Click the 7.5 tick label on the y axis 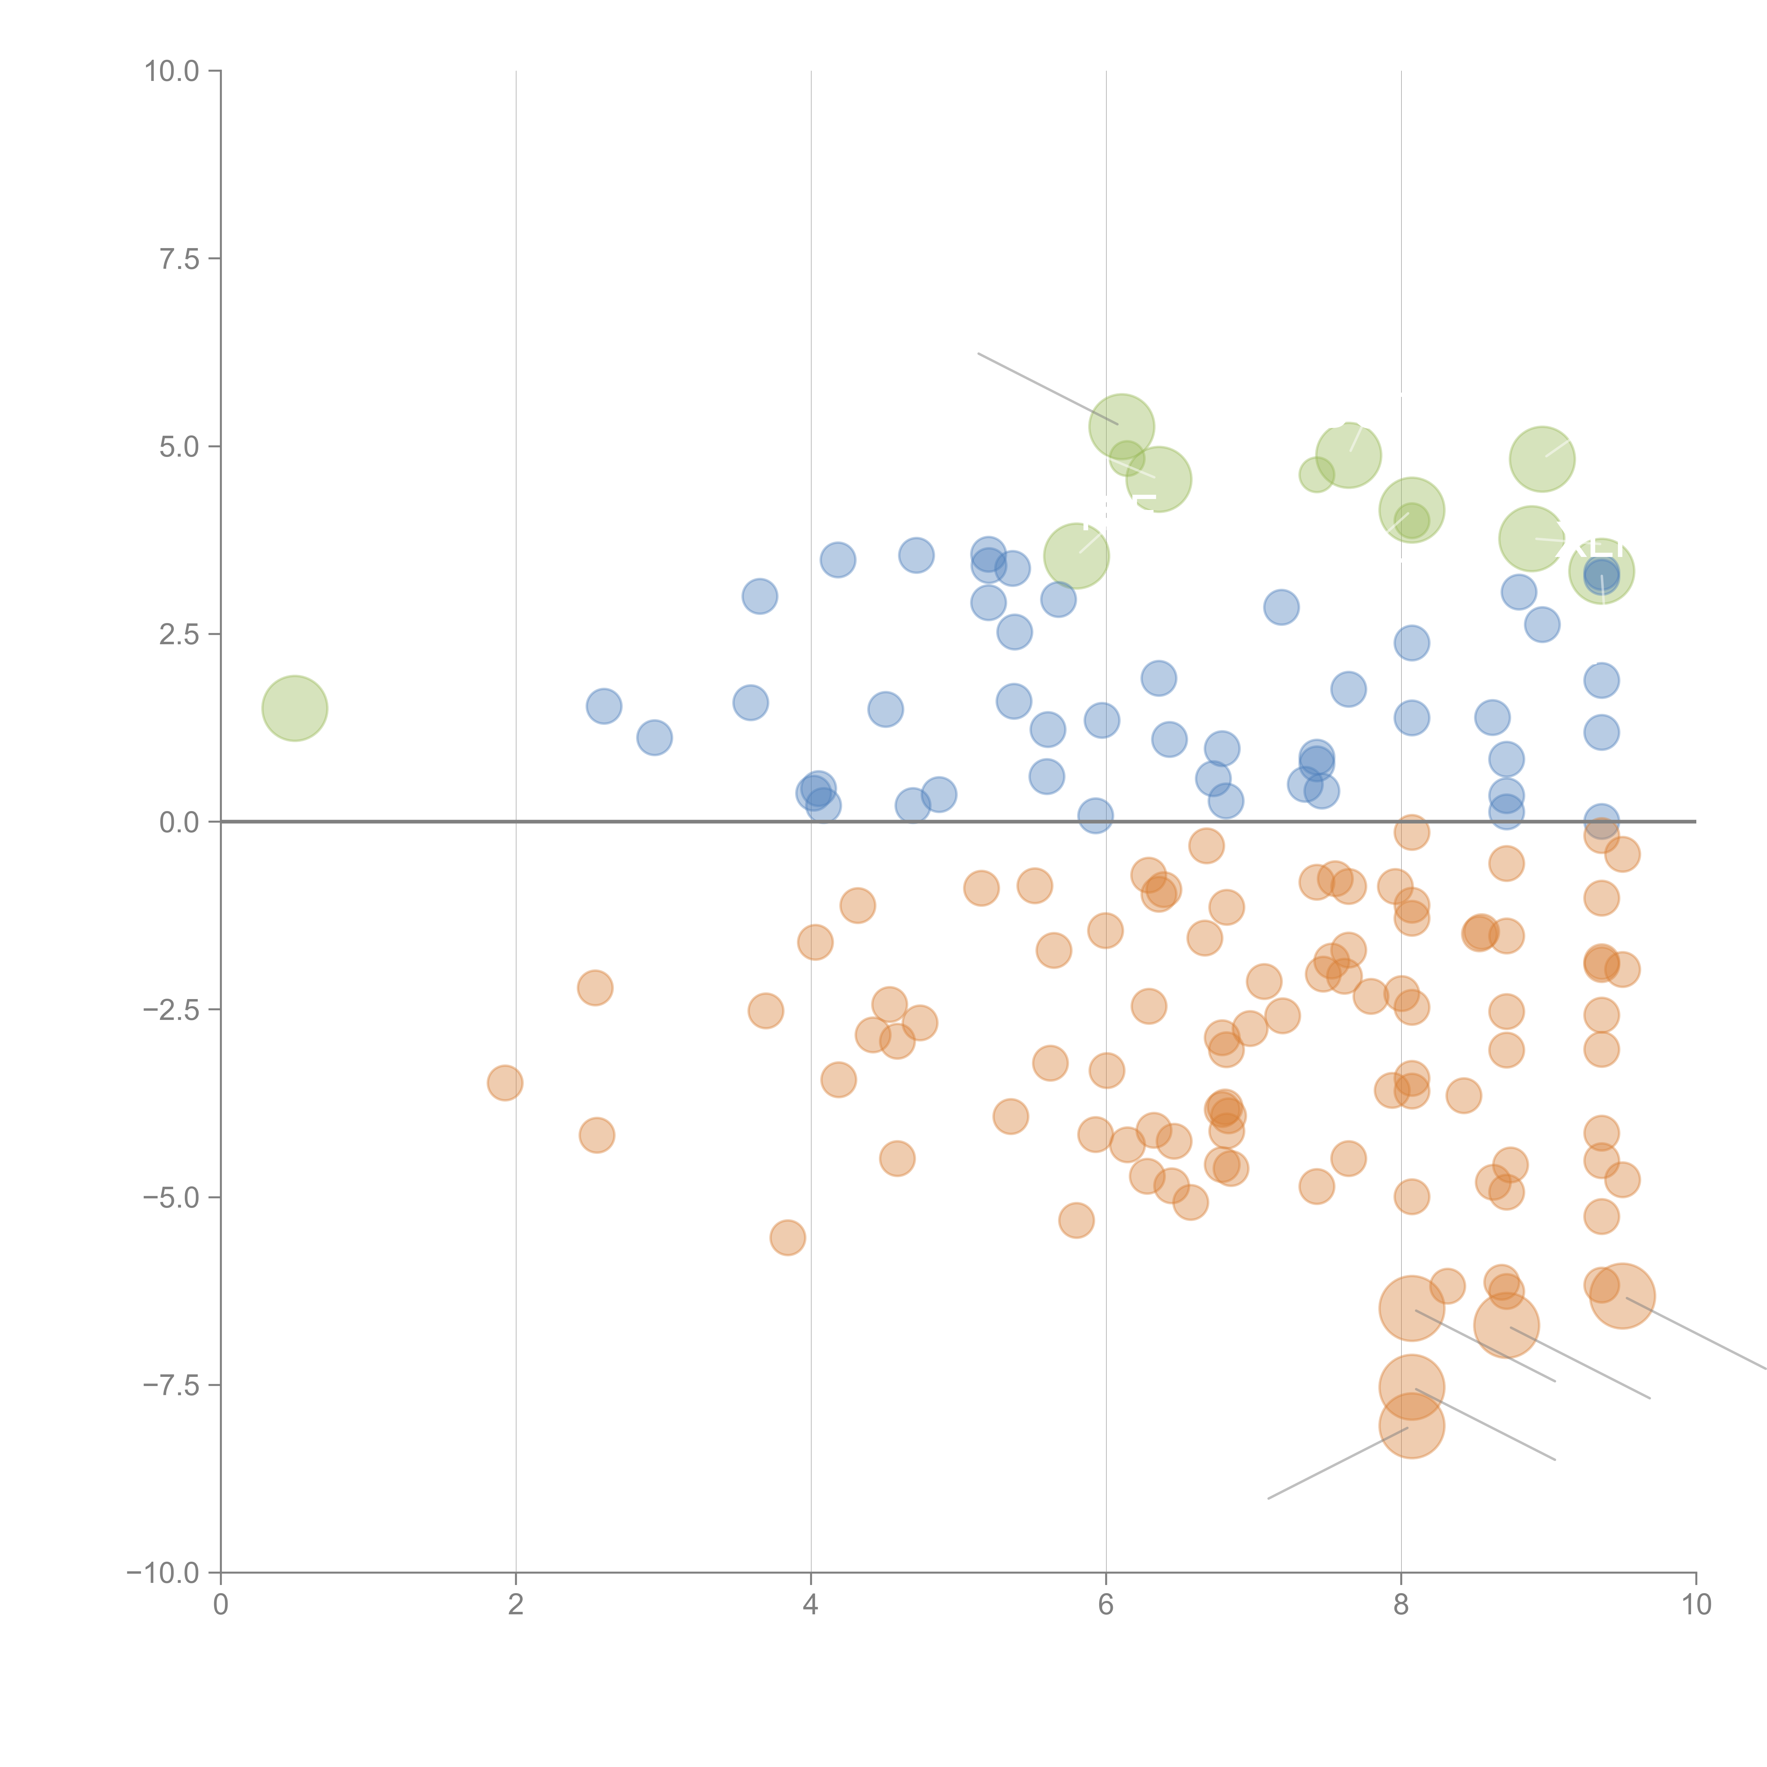pyautogui.click(x=178, y=259)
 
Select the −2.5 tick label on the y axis pyautogui.click(x=170, y=1010)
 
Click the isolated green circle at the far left pyautogui.click(x=294, y=708)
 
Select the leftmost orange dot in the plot pyautogui.click(x=505, y=1083)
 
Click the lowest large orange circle pyautogui.click(x=1411, y=1425)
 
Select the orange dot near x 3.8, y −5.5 pyautogui.click(x=787, y=1238)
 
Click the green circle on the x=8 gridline pyautogui.click(x=1411, y=510)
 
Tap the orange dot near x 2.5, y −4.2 pyautogui.click(x=596, y=1135)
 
